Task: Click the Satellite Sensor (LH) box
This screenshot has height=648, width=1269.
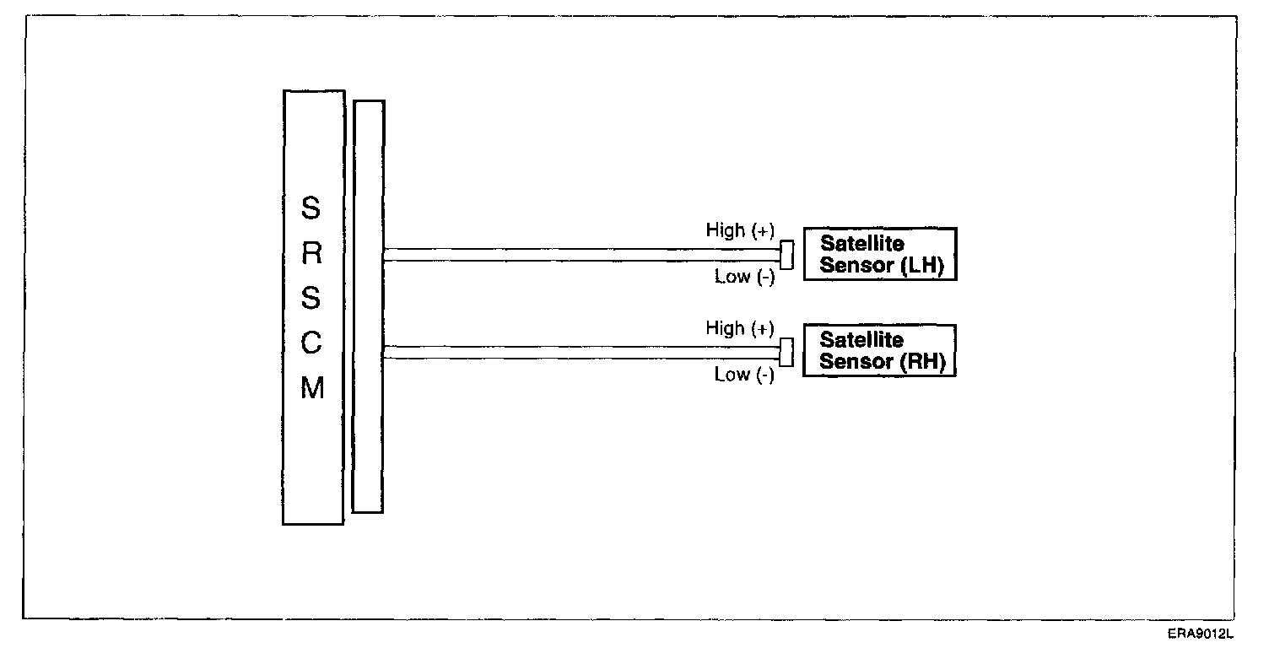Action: point(879,254)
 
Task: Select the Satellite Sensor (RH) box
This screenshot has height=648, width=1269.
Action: point(879,350)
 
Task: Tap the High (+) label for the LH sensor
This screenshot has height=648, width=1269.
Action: point(740,230)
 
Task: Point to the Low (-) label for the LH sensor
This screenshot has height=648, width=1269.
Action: point(744,277)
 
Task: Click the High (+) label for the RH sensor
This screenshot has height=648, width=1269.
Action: point(740,328)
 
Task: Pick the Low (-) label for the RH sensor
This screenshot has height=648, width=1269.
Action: point(744,375)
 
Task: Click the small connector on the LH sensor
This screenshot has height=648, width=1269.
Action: point(787,255)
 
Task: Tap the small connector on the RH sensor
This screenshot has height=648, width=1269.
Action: point(787,352)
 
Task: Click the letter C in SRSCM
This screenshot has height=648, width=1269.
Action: point(312,344)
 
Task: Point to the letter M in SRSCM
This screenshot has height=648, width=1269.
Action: point(312,389)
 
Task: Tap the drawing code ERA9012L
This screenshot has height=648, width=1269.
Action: point(1201,634)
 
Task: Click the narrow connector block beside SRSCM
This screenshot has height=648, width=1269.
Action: point(368,306)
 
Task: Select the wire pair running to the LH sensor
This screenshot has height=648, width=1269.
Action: point(582,255)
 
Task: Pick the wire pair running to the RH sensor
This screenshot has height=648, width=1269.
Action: point(582,353)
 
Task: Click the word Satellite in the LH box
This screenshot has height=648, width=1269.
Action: point(861,244)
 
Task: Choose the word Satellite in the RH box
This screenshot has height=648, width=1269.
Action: point(861,340)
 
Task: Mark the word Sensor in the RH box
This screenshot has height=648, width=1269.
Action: point(856,362)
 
